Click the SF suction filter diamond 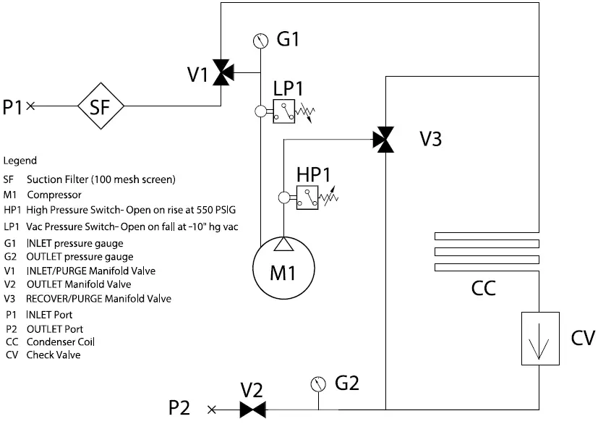(x=101, y=106)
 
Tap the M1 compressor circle (x=282, y=274)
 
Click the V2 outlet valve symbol (x=252, y=410)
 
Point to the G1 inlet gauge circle (x=260, y=40)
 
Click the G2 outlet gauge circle (x=316, y=381)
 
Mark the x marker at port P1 (x=30, y=106)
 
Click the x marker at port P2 (x=212, y=410)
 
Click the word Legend (x=20, y=161)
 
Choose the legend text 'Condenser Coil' (x=61, y=342)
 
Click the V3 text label (x=430, y=139)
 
